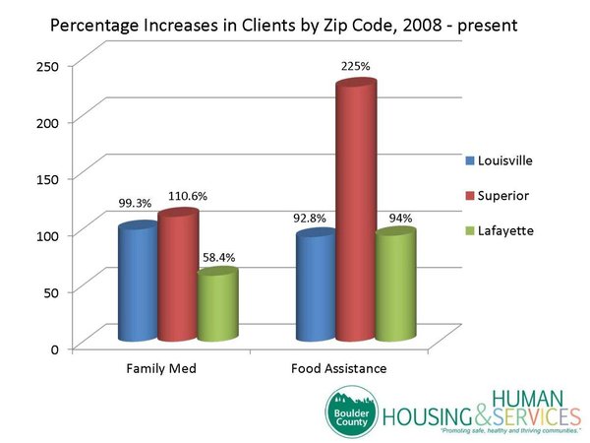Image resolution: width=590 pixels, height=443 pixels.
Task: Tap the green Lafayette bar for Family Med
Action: point(216,305)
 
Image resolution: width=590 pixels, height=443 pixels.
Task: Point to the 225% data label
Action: point(355,68)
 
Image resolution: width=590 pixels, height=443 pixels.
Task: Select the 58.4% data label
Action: point(218,257)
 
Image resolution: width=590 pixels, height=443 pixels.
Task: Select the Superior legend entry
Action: point(499,195)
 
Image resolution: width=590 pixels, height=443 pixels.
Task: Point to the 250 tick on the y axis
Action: point(50,65)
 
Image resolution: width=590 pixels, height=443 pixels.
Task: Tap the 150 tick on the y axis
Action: point(50,178)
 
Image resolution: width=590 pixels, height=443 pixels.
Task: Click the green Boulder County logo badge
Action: point(353,412)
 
